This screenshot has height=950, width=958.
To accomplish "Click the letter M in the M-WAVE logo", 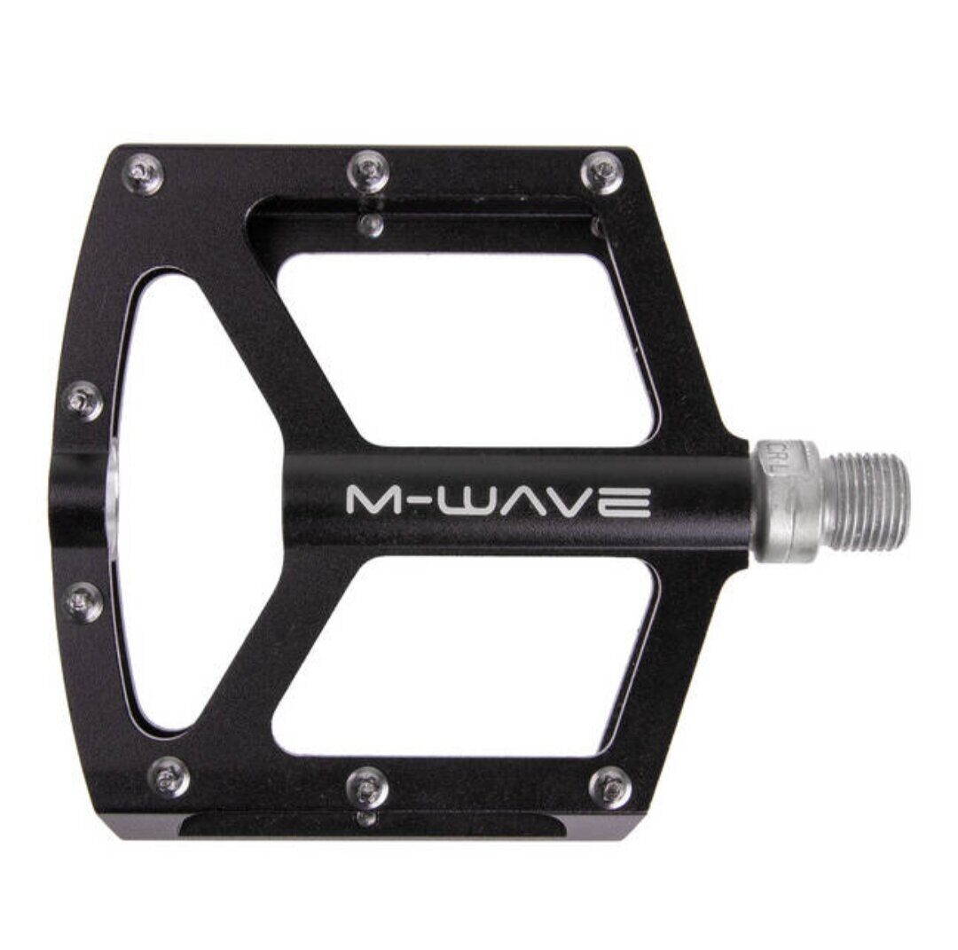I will point(371,501).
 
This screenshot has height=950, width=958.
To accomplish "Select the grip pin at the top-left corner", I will point(145,171).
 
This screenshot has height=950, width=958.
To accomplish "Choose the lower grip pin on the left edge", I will point(84,603).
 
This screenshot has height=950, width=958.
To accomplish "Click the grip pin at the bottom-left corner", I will point(167,778).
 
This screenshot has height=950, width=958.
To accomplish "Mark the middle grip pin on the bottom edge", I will point(368,784).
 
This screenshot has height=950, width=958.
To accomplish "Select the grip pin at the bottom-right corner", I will point(610,786).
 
